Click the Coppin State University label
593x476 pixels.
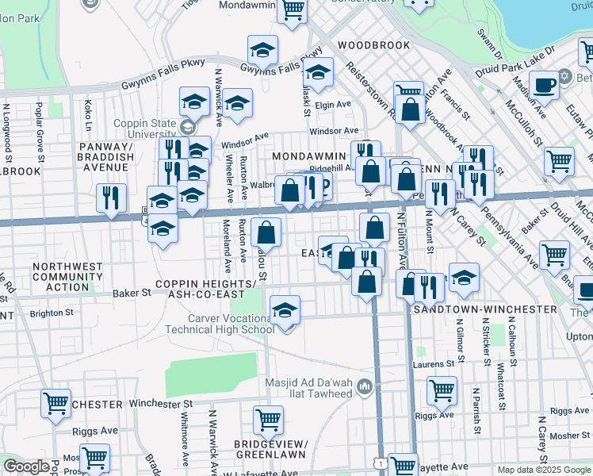point(148,129)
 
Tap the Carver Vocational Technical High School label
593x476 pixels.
point(225,324)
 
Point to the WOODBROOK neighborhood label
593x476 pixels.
point(374,45)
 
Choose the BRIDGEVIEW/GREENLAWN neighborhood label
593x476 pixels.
point(275,449)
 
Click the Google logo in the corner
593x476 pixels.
point(26,466)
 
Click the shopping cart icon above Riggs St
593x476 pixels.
point(442,389)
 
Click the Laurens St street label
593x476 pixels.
point(433,365)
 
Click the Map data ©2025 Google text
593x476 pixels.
point(543,470)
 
